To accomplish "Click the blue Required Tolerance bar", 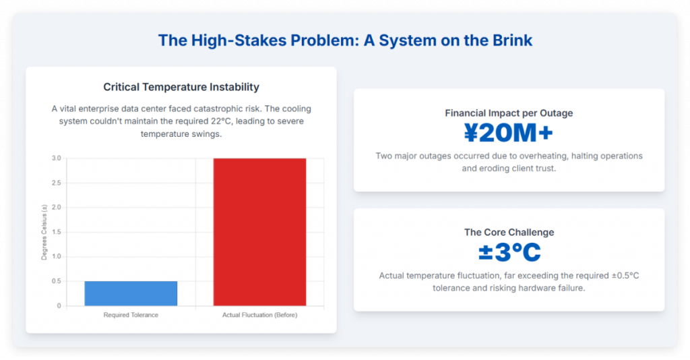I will (131, 293).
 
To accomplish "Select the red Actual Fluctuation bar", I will (259, 232).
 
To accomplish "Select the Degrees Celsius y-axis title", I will (44, 232).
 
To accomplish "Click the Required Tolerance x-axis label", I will (131, 315).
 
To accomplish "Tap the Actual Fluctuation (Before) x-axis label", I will (259, 315).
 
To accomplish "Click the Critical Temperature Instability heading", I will (181, 87).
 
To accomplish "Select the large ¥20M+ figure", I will (509, 133).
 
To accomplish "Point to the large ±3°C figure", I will (509, 253).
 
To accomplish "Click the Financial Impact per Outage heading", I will (509, 113).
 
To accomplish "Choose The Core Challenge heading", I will (509, 233).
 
